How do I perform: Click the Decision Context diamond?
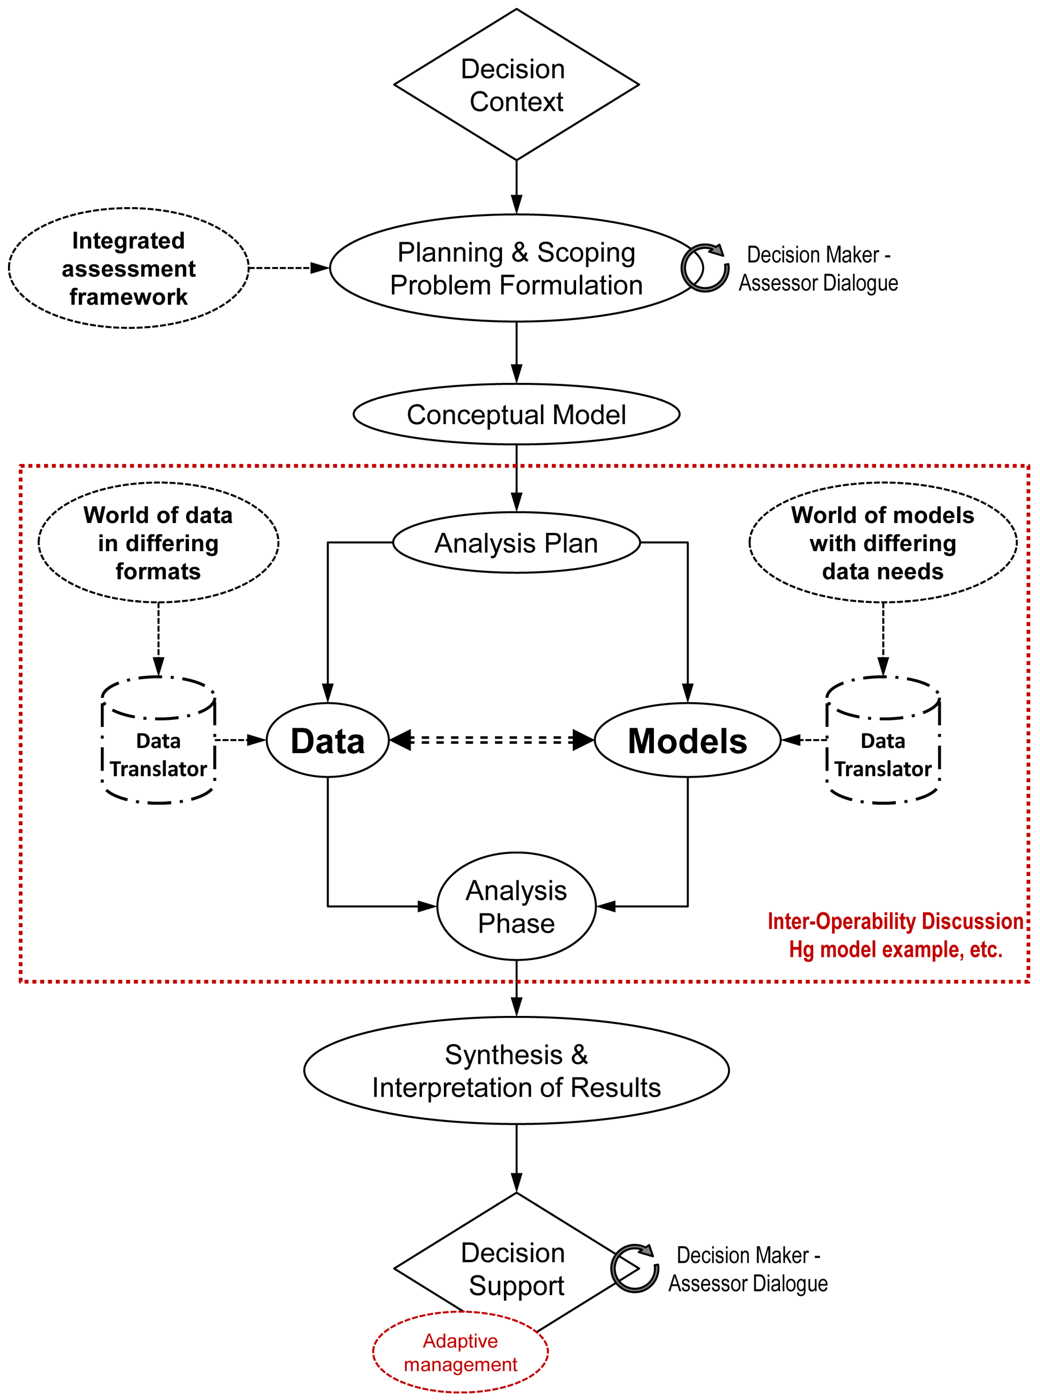(x=516, y=84)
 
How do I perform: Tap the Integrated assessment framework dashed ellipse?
(x=128, y=268)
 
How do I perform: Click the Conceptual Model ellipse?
(x=516, y=414)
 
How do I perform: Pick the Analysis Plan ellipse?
(x=516, y=543)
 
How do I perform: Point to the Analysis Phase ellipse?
(x=516, y=907)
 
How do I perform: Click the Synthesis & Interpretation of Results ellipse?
(x=516, y=1071)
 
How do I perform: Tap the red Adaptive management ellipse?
(x=460, y=1352)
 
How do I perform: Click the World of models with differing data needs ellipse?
(x=882, y=543)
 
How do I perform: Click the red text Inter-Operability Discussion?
(x=895, y=921)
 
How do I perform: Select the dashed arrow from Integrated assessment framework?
(x=288, y=268)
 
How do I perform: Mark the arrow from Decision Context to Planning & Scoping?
(x=516, y=187)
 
